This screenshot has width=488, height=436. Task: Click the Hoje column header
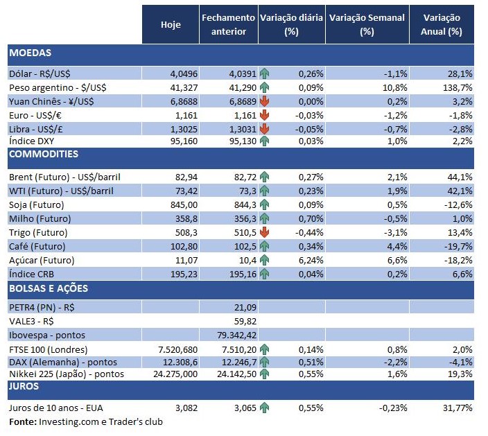[x=171, y=24]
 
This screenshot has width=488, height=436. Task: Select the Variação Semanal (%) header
[x=367, y=24]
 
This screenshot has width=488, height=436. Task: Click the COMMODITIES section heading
[x=44, y=154]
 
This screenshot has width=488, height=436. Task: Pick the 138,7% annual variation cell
[x=459, y=87]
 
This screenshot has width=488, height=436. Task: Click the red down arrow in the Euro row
[x=265, y=114]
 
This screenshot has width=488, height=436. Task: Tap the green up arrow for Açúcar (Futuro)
[x=265, y=260]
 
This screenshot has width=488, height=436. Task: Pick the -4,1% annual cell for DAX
[x=460, y=361]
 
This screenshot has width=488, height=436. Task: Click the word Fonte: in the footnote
[x=22, y=421]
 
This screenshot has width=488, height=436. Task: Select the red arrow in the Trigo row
[x=265, y=232]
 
